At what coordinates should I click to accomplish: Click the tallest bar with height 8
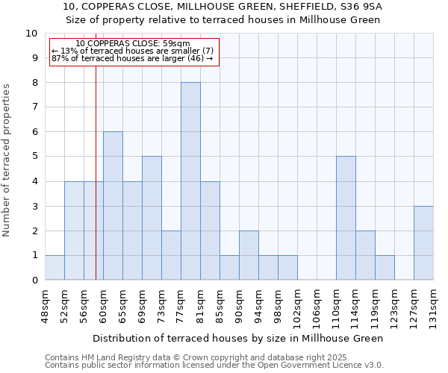point(190,181)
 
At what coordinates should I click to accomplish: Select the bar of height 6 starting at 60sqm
point(113,206)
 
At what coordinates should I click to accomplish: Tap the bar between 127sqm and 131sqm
point(423,243)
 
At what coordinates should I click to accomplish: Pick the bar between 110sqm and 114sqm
point(346,218)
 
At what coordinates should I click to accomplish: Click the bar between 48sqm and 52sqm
point(55,268)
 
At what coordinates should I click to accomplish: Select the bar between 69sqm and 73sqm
point(152,218)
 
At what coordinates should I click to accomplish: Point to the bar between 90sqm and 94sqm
point(249,255)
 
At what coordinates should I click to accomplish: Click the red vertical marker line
point(96,186)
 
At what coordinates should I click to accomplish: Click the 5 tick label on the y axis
point(34,157)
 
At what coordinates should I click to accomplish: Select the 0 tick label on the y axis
point(34,280)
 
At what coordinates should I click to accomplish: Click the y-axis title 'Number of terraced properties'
point(7,160)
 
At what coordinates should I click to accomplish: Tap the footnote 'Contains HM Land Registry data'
point(112,357)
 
